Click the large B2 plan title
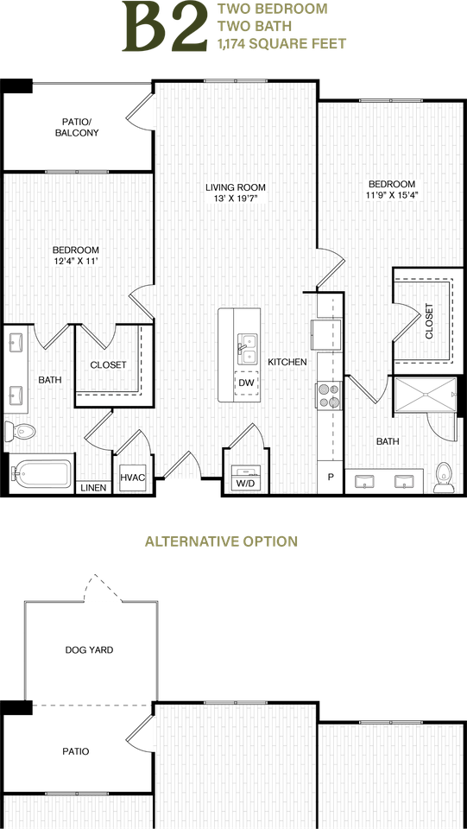pos(164,27)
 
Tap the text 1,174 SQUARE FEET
pos(281,44)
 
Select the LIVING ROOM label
pos(236,187)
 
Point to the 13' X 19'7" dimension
pos(236,199)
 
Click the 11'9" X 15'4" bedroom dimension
pos(391,194)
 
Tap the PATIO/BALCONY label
pos(77,128)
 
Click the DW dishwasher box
pos(246,383)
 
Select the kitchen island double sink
pos(246,348)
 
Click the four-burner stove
pos(329,396)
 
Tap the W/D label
pos(244,484)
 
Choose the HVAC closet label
pos(132,477)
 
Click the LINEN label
pos(94,488)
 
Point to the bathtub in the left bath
pos(41,473)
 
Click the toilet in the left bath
pos(19,431)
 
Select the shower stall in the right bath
pos(426,395)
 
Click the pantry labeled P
pos(331,478)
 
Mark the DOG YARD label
pos(89,649)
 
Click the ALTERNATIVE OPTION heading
pos(221,541)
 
